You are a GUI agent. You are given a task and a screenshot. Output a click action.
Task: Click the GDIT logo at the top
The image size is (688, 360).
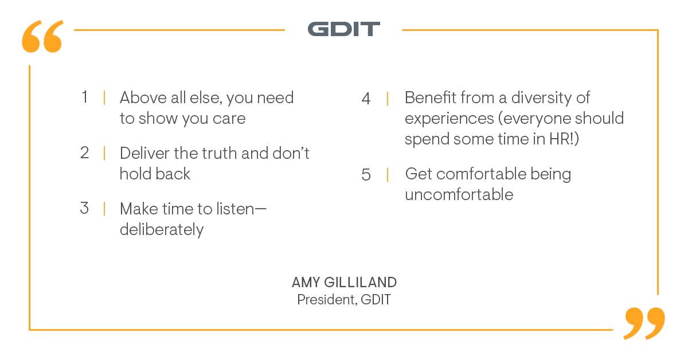[343, 29]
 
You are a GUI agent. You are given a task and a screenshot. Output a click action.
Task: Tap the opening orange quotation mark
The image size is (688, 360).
[42, 38]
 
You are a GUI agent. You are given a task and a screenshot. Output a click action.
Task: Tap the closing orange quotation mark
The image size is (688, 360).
[644, 323]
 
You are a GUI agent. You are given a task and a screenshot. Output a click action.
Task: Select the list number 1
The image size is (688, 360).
[85, 97]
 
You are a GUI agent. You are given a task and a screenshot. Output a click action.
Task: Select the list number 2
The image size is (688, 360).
[85, 153]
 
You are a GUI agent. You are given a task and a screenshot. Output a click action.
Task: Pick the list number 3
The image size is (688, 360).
[85, 208]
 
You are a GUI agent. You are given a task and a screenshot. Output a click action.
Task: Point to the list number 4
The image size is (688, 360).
[366, 99]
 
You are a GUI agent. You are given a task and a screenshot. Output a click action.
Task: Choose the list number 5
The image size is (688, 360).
[366, 174]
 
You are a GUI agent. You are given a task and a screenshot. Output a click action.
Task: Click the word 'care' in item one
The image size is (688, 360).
[229, 119]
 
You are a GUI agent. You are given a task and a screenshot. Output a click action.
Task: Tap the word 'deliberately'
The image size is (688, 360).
[161, 229]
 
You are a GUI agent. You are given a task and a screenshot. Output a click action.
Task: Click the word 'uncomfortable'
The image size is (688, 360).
[459, 194]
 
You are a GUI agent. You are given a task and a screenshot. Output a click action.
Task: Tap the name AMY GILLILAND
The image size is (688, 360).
[344, 283]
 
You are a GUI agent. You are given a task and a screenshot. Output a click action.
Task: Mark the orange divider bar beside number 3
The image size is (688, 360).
[104, 209]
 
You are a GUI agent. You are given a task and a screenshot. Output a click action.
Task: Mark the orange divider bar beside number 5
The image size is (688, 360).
[388, 174]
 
